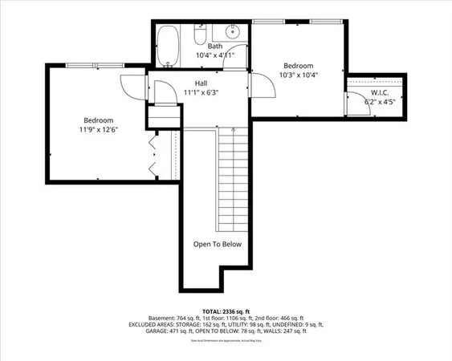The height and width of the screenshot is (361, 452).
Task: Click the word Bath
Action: pyautogui.click(x=215, y=47)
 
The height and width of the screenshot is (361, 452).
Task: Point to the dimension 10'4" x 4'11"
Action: pyautogui.click(x=215, y=56)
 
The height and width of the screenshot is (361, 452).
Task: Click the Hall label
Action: pyautogui.click(x=202, y=83)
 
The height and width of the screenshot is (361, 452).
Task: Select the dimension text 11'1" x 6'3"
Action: pyautogui.click(x=202, y=92)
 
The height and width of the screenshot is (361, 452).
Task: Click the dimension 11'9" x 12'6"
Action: pyautogui.click(x=97, y=129)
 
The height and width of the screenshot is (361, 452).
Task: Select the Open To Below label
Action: pyautogui.click(x=217, y=245)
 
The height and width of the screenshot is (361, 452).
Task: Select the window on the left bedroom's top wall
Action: pyautogui.click(x=96, y=66)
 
